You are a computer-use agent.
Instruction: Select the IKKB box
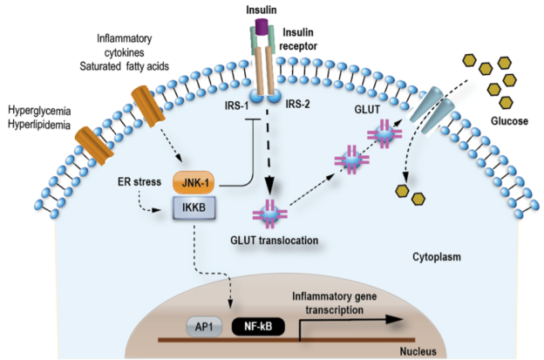tap(194, 207)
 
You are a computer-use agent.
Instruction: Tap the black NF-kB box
tap(258, 326)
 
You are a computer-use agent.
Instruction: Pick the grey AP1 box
tap(204, 327)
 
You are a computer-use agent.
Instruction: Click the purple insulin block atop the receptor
tap(262, 27)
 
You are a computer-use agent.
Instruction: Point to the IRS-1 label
tap(236, 105)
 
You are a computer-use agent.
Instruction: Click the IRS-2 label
tap(297, 104)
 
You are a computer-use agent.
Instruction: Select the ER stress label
tap(139, 181)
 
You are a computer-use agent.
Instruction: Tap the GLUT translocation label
tap(275, 241)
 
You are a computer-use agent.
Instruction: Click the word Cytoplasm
tap(437, 257)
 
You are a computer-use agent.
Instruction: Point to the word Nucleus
tap(418, 351)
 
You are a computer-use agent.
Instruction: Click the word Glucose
tap(509, 121)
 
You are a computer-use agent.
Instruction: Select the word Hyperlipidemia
tap(39, 125)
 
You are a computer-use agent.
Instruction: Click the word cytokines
tap(124, 52)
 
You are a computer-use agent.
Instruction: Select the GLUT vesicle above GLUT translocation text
tap(269, 214)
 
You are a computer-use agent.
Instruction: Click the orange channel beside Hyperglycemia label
tap(94, 145)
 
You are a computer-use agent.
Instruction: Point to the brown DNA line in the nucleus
tap(286, 340)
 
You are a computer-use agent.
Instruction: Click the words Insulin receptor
tap(298, 39)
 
